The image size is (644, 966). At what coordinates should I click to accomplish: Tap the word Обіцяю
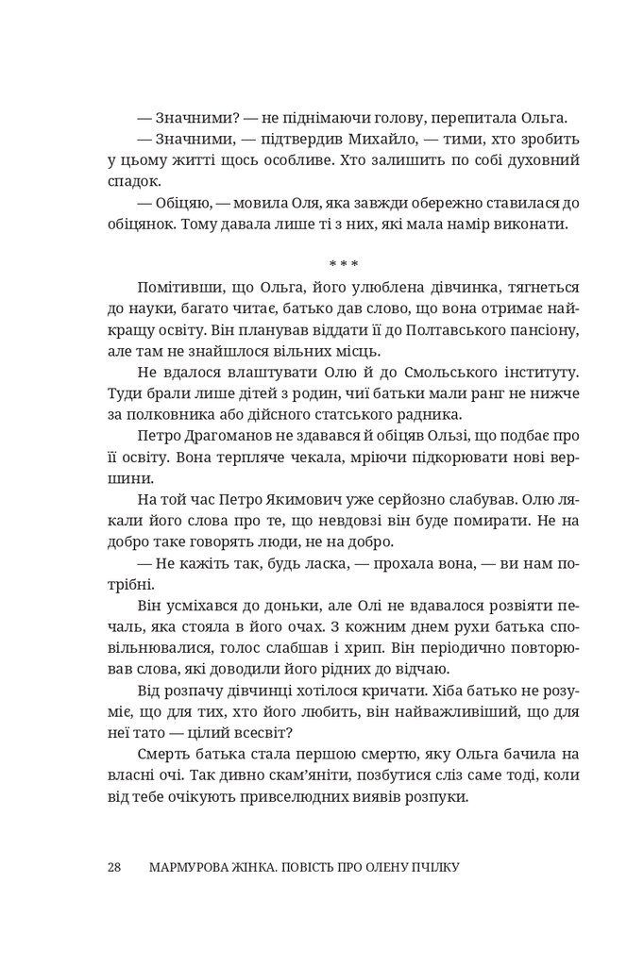point(182,206)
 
